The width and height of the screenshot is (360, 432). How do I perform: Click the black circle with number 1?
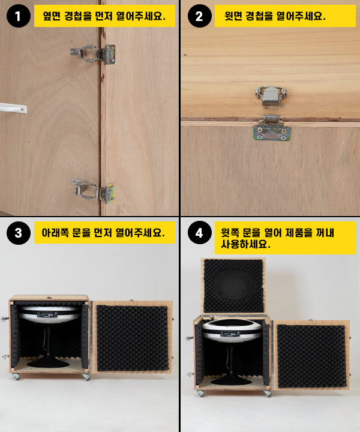point(18,16)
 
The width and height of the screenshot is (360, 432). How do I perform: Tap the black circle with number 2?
point(199,16)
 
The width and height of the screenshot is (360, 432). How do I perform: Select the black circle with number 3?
point(18,233)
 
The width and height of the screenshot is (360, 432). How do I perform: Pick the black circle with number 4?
point(199,233)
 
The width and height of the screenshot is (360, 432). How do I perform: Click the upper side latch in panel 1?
point(93,54)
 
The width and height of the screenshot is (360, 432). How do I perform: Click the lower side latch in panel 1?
point(94,191)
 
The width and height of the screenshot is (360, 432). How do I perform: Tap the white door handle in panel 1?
point(13,108)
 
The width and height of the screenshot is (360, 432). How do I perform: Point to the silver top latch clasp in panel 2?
point(271,97)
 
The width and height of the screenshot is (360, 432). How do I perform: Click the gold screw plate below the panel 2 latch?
point(272,133)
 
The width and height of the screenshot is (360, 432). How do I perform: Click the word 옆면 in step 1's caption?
point(52,16)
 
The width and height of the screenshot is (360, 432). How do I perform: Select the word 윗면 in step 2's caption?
point(233,16)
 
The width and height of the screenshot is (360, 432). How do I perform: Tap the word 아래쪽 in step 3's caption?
point(55,233)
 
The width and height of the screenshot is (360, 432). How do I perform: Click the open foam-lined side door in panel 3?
point(132,337)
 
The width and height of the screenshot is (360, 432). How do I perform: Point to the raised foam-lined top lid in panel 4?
point(233,286)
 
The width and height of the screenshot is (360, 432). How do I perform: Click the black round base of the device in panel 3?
point(48,363)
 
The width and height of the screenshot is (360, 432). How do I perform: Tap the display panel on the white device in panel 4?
point(230,334)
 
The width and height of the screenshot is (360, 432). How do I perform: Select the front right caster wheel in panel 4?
point(268,394)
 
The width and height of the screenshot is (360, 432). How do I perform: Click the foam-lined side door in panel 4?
point(311,355)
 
